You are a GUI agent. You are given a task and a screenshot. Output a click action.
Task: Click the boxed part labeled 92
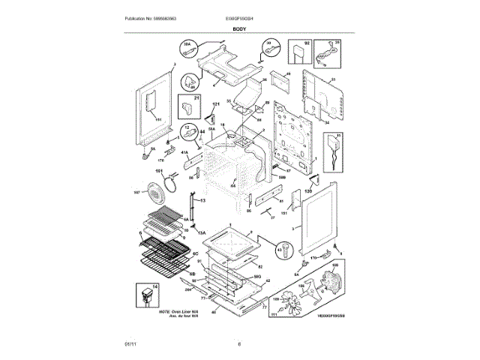click(301, 52)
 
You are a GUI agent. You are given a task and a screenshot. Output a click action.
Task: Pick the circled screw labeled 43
click(281, 249)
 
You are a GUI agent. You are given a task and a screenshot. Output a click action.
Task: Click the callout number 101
click(159, 172)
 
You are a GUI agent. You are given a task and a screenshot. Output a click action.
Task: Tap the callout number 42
click(268, 281)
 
